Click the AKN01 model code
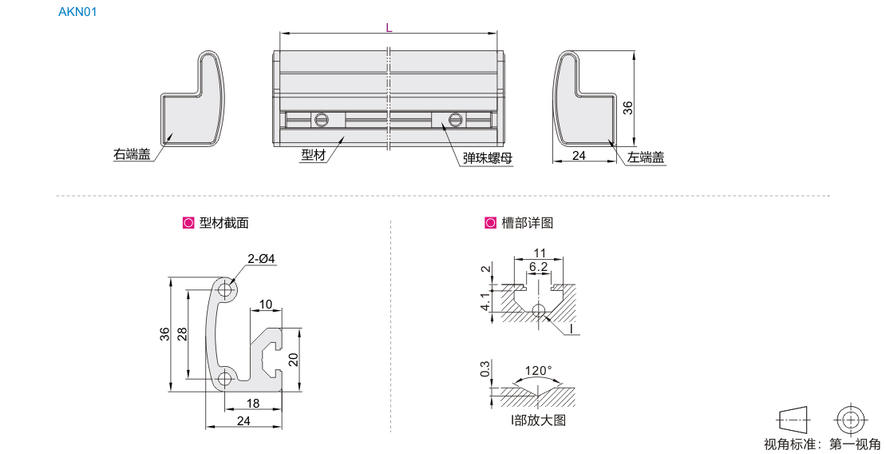pyautogui.click(x=77, y=13)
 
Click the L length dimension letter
pyautogui.click(x=389, y=27)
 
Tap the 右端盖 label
pyautogui.click(x=132, y=154)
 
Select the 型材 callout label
pyautogui.click(x=313, y=155)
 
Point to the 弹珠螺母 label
pyautogui.click(x=487, y=157)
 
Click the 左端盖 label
pyautogui.click(x=646, y=157)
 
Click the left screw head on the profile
pyautogui.click(x=322, y=120)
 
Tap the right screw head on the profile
pyautogui.click(x=456, y=120)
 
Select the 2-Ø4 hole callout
pyautogui.click(x=261, y=259)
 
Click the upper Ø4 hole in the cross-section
pyautogui.click(x=225, y=289)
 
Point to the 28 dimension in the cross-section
pyautogui.click(x=182, y=334)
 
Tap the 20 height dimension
pyautogui.click(x=293, y=360)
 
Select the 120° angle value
pyautogui.click(x=538, y=371)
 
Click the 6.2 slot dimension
pyautogui.click(x=538, y=267)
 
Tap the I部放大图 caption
pyautogui.click(x=538, y=420)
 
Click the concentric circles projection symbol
pyautogui.click(x=851, y=419)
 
